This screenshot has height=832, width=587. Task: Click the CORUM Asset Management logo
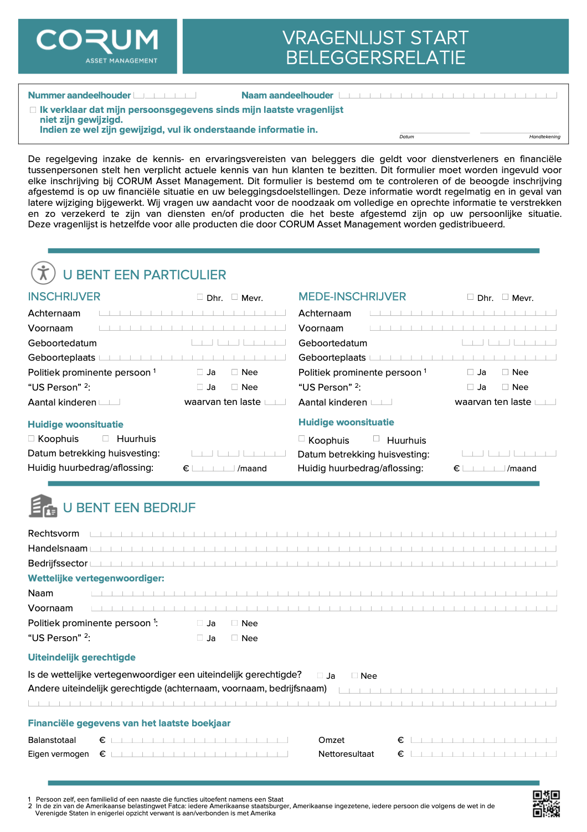click(97, 46)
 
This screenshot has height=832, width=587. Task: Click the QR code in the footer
click(546, 803)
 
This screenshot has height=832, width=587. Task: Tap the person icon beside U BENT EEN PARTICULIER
click(43, 273)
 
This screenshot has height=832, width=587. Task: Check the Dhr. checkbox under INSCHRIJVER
click(200, 297)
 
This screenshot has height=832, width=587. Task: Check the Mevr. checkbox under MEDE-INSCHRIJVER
click(505, 297)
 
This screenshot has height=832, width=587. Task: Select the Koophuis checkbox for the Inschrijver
click(32, 438)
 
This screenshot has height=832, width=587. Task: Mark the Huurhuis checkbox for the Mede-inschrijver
click(377, 438)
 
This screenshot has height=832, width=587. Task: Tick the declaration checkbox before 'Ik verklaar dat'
click(33, 110)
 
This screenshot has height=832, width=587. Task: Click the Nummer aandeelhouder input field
click(164, 95)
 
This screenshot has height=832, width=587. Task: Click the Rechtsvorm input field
click(323, 534)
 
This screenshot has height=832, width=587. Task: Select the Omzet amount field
click(483, 740)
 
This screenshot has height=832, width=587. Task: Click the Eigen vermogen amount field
click(199, 753)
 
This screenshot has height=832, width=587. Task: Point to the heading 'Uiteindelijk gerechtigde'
click(82, 657)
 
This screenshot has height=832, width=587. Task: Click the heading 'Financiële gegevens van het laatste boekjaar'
click(129, 723)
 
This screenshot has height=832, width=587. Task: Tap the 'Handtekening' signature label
click(544, 137)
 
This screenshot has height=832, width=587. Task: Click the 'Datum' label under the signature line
click(406, 137)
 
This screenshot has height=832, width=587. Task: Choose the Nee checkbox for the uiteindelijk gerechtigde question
click(355, 675)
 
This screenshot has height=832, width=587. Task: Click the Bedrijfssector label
click(58, 563)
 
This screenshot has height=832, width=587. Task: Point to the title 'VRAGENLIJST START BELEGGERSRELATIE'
click(375, 47)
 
